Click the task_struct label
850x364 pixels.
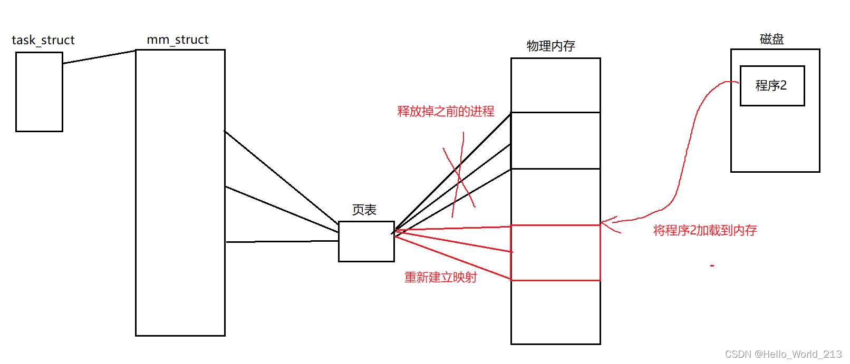tap(43, 40)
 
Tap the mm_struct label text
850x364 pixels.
tap(178, 40)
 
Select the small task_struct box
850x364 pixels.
tap(39, 92)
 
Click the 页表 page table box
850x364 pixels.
tap(366, 241)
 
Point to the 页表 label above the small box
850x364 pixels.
tap(364, 210)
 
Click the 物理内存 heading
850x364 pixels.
tap(550, 46)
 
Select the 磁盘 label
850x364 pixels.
tap(771, 39)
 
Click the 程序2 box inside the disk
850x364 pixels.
tap(772, 85)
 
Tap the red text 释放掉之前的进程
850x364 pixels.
tap(446, 111)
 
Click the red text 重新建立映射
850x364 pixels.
tap(440, 277)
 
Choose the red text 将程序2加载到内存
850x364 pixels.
tap(705, 230)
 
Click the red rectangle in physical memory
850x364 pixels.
tap(555, 253)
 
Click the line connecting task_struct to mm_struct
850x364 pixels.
tap(99, 57)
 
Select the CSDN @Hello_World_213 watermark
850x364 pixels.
tap(783, 354)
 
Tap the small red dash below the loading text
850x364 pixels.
tap(712, 265)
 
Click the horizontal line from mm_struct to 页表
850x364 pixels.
tap(282, 241)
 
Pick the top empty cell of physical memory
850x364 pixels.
tap(555, 85)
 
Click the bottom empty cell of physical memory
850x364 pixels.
tap(555, 312)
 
